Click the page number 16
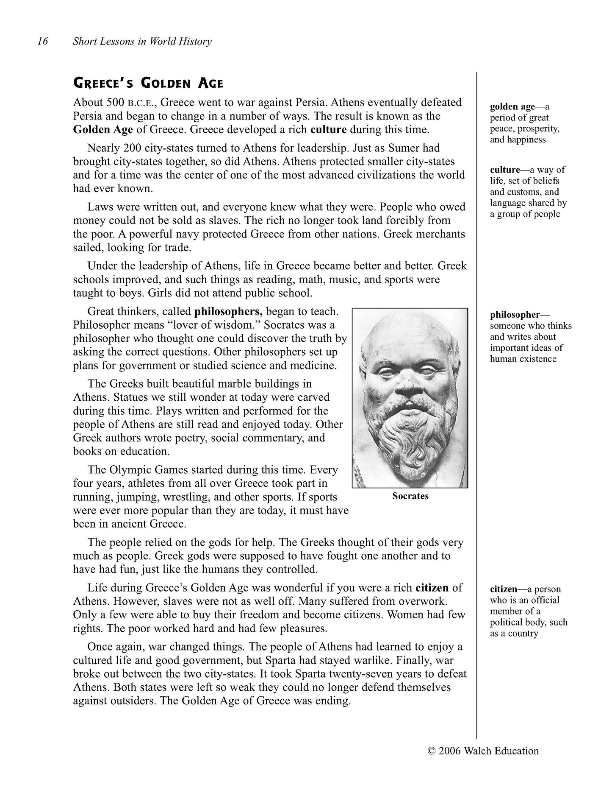point(43,41)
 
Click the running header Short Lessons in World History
point(142,41)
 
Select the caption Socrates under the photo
point(410,496)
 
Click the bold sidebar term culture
point(504,170)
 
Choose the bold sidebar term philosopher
point(515,315)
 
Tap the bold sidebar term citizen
point(503,589)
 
